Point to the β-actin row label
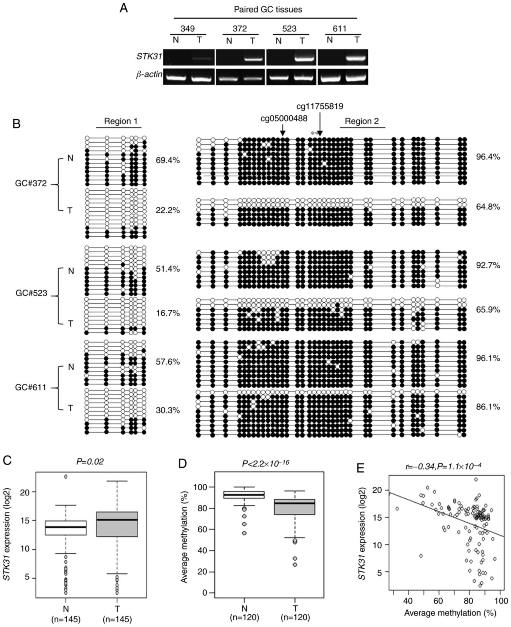coord(149,75)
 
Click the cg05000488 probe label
coord(284,119)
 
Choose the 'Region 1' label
coord(120,121)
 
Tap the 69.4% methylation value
coord(167,161)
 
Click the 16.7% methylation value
coord(167,313)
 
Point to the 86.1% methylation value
coord(488,407)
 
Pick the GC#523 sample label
coord(31,293)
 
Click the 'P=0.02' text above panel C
coord(90,462)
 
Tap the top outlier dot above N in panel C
coord(66,477)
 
